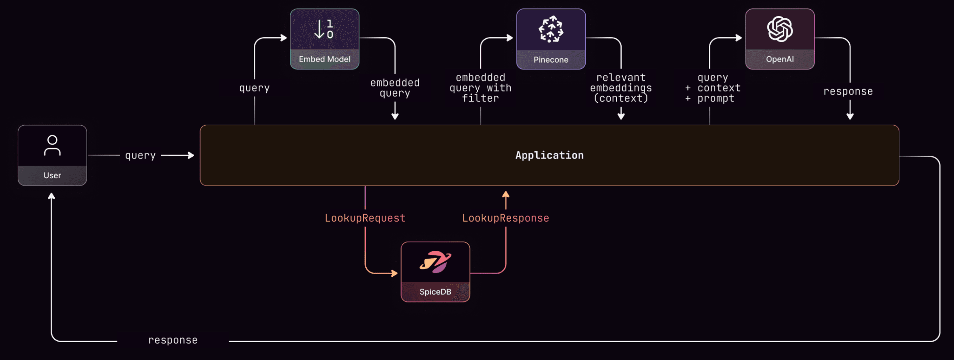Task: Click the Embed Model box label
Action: (x=325, y=59)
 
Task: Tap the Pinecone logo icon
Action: (x=551, y=29)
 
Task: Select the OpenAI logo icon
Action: (x=780, y=29)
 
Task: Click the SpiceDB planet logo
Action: (x=435, y=262)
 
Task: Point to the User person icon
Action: (x=52, y=145)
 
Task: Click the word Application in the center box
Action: (x=549, y=155)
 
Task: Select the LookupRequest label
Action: (x=365, y=218)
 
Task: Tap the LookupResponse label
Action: (x=506, y=218)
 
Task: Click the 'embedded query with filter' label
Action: (x=480, y=88)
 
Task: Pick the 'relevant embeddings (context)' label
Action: (x=621, y=88)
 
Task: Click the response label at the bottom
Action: (x=172, y=340)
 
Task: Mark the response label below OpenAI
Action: (x=848, y=91)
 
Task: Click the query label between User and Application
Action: (x=140, y=156)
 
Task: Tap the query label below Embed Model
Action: (x=254, y=88)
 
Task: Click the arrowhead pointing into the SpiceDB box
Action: (x=395, y=273)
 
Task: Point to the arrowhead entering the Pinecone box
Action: (x=510, y=38)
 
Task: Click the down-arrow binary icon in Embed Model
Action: (x=324, y=29)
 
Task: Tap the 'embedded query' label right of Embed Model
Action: (x=395, y=88)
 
